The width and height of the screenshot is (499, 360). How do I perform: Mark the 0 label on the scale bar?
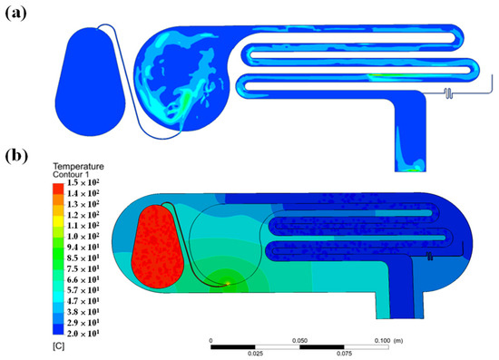[211, 340]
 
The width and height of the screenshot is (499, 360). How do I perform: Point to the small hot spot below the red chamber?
[226, 283]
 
